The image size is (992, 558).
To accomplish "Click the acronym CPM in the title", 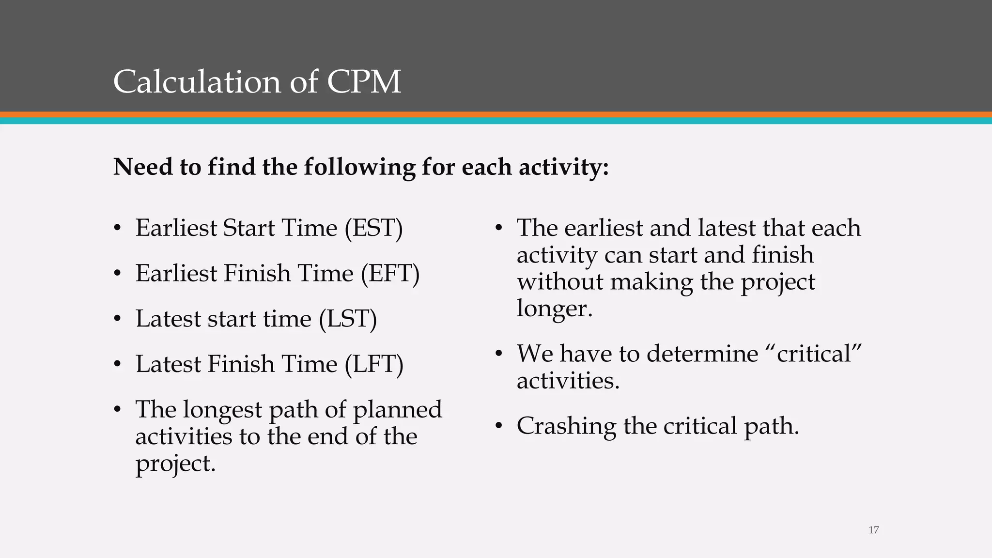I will [364, 81].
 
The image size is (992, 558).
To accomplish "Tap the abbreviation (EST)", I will [373, 228].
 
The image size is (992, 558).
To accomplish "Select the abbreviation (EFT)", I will [390, 273].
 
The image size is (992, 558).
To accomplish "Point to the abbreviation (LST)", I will [348, 319].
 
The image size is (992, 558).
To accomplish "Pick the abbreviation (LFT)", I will [374, 364].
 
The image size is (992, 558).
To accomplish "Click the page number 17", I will [873, 530].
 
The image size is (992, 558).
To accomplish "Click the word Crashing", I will [566, 426].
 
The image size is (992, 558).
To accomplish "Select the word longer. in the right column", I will [555, 309].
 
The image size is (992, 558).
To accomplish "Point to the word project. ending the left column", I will [175, 464].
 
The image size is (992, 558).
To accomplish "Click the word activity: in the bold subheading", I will [564, 167].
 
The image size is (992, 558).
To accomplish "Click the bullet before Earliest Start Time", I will [117, 229].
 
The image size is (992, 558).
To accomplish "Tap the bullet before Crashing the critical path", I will [499, 427].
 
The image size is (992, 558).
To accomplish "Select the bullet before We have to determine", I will [499, 354].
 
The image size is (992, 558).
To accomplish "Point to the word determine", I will [702, 354].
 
